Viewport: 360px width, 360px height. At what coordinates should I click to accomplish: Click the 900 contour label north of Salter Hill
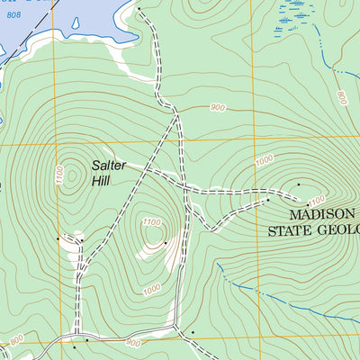216,108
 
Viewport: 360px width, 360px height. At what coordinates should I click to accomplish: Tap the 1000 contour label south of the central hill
151,287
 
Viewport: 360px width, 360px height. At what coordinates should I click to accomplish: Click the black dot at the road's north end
139,8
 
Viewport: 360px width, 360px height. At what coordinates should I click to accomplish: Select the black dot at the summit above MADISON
299,184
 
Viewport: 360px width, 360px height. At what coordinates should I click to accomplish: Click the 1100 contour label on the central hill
151,222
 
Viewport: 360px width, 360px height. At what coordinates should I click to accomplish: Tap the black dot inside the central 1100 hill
166,242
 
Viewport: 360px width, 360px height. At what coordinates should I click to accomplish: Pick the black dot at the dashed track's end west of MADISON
267,201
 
